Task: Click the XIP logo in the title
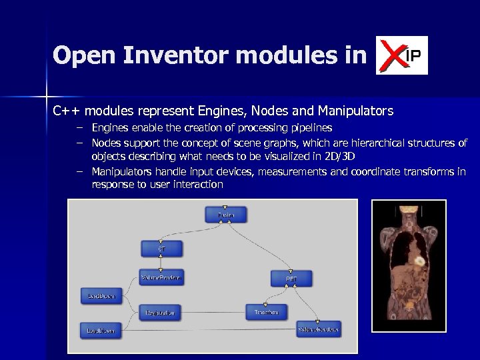pyautogui.click(x=401, y=55)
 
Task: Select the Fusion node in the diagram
pyautogui.click(x=226, y=215)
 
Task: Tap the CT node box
pyautogui.click(x=161, y=248)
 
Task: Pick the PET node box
pyautogui.click(x=291, y=278)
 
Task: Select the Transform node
pyautogui.click(x=267, y=311)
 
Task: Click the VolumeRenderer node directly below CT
pyautogui.click(x=161, y=277)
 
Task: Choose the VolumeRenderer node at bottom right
pyautogui.click(x=319, y=329)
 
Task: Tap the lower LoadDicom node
pyautogui.click(x=102, y=329)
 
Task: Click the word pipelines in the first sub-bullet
pyautogui.click(x=309, y=127)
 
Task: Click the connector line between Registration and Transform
pyautogui.click(x=213, y=311)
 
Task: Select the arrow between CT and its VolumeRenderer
pyautogui.click(x=161, y=263)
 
